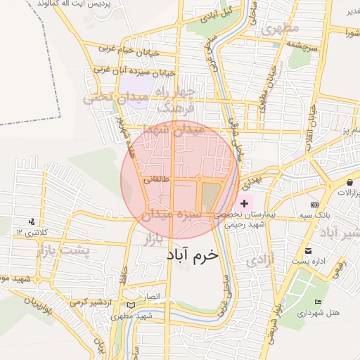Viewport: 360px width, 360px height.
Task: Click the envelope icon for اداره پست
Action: coord(307,251)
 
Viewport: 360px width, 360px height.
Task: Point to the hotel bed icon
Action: coord(318,302)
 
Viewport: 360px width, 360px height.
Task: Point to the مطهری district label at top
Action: coord(280,29)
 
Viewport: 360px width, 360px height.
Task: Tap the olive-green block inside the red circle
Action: coord(210,194)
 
